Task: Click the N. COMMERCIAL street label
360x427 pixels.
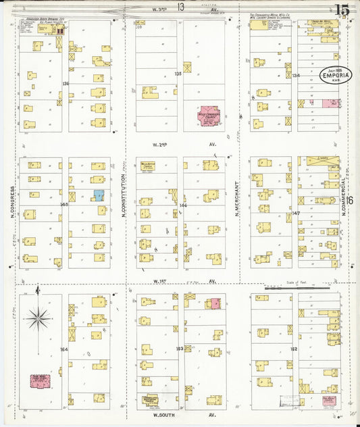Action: click(344, 186)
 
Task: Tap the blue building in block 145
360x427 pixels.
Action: click(99, 195)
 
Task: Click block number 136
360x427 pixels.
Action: click(66, 83)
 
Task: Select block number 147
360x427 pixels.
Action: click(294, 212)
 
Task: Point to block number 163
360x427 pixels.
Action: click(180, 349)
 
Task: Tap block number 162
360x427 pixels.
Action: click(293, 349)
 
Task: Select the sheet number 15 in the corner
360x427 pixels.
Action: click(341, 9)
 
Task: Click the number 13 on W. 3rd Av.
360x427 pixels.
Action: click(180, 7)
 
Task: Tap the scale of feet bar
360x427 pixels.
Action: click(301, 287)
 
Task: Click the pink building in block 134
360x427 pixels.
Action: click(329, 103)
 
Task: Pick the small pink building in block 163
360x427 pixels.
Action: click(215, 304)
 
